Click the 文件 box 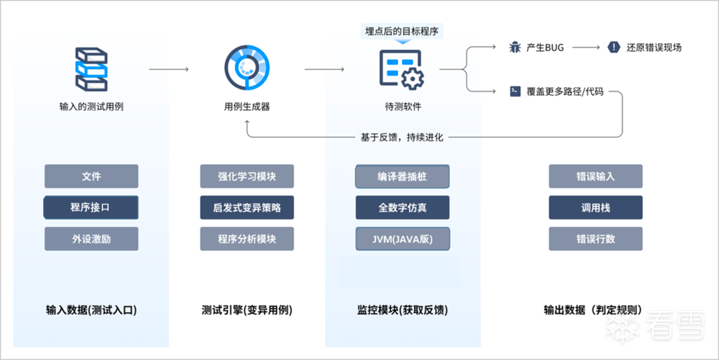91,176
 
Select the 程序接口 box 91,208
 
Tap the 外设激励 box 91,239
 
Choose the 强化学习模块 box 247,176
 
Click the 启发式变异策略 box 247,208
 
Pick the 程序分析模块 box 247,239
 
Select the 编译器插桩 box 402,176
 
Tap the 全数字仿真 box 402,208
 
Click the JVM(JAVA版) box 402,239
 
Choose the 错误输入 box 595,176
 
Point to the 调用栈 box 595,208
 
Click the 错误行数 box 595,239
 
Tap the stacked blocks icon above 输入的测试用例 91,69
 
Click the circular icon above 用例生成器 246,69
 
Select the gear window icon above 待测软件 401,69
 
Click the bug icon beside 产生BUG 515,48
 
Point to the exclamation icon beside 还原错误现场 614,48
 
